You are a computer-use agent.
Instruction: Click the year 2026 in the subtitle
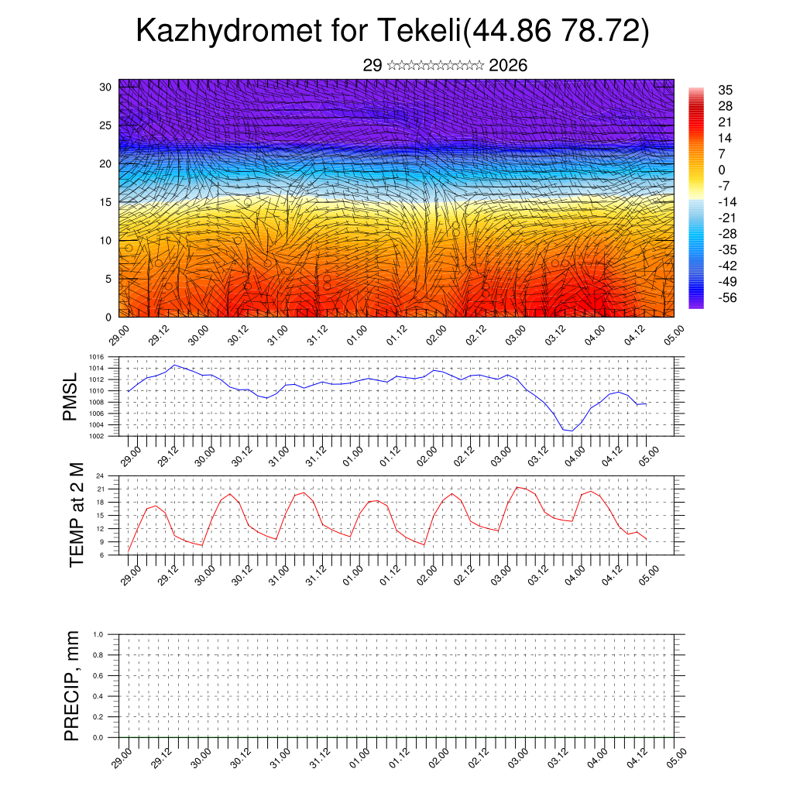508,65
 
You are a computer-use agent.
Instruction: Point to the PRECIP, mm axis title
72,686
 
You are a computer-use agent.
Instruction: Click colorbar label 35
726,91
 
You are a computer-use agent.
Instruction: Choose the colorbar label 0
722,170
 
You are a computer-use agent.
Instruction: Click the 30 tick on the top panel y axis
106,87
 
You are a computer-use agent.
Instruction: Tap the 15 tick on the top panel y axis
106,202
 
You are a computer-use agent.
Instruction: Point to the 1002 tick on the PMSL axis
96,435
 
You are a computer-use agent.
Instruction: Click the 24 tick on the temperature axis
101,476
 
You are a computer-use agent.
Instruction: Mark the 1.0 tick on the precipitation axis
98,633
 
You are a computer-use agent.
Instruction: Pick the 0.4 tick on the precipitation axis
98,696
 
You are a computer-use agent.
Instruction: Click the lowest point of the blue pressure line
572,431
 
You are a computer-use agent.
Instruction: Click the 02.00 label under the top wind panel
435,340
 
